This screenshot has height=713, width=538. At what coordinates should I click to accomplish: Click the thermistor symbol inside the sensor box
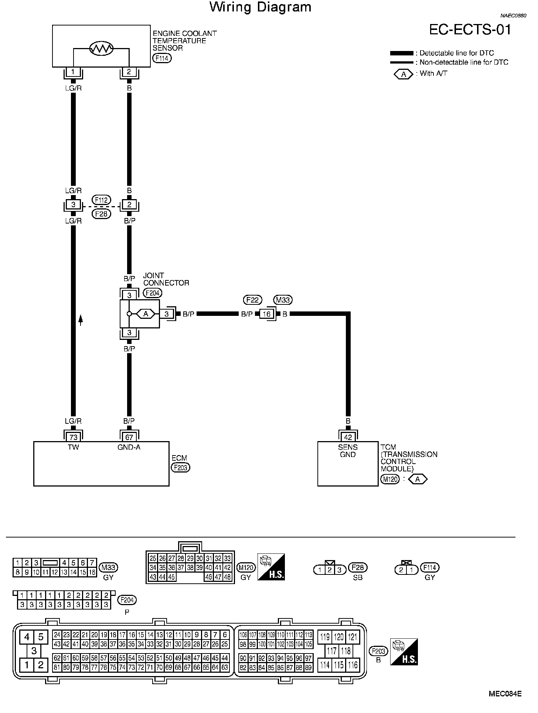[x=102, y=48]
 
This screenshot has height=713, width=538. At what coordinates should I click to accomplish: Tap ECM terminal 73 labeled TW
[x=74, y=437]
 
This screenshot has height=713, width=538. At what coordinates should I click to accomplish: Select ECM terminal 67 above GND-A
[x=129, y=437]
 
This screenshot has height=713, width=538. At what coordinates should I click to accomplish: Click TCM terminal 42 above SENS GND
[x=348, y=437]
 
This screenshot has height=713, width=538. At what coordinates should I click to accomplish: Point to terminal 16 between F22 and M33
[x=266, y=314]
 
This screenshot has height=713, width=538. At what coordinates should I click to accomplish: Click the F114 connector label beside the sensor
[x=162, y=58]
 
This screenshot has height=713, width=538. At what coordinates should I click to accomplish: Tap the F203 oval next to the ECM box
[x=181, y=468]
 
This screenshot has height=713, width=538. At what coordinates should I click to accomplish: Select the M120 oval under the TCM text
[x=390, y=480]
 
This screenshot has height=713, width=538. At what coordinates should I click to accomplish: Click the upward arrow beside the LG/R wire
[x=81, y=320]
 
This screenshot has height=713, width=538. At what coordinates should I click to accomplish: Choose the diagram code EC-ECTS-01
[x=470, y=30]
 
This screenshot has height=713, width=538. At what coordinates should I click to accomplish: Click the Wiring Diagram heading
[x=261, y=7]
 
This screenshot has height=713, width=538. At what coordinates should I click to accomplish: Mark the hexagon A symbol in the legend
[x=403, y=74]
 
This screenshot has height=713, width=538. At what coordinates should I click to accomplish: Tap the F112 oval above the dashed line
[x=101, y=200]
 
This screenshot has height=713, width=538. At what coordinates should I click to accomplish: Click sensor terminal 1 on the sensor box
[x=73, y=72]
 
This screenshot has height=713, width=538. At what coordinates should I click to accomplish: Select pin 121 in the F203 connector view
[x=353, y=637]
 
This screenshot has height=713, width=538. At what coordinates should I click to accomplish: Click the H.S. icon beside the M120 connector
[x=271, y=567]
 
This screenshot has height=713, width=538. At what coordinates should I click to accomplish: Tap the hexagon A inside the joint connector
[x=146, y=314]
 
